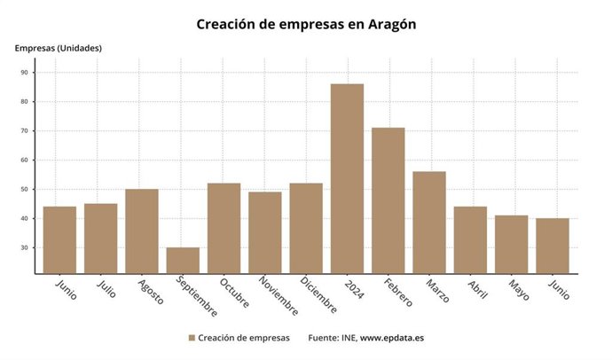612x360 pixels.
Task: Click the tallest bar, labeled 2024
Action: coord(347,178)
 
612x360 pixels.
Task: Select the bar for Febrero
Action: coord(388,200)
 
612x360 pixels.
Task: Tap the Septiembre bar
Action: coord(183,260)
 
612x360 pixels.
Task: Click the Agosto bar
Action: coord(142,231)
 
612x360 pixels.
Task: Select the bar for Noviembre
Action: coord(264,232)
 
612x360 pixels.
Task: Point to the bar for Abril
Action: coord(470,239)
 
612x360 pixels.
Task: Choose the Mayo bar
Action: coord(511,244)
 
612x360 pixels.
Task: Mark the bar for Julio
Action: coord(100,239)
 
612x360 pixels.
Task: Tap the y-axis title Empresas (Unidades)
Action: coord(59,48)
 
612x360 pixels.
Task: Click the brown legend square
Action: coord(192,339)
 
